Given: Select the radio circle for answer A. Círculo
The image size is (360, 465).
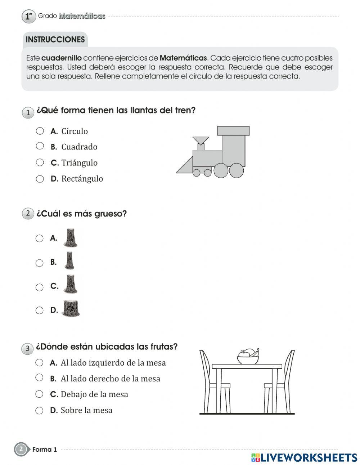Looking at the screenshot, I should (x=40, y=131).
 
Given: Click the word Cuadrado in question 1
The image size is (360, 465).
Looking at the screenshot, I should (x=79, y=147).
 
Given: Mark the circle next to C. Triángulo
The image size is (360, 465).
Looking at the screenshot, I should (x=40, y=162).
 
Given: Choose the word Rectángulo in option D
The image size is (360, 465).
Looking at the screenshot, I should (x=82, y=179).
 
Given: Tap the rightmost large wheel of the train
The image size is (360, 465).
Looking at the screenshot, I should (x=237, y=170).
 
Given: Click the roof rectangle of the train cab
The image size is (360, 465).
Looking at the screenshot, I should (x=233, y=130).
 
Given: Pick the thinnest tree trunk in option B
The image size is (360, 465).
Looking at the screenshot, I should (x=69, y=261).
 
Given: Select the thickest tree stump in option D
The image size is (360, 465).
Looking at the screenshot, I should (x=71, y=309).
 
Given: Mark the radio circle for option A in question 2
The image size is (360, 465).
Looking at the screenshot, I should (x=40, y=238).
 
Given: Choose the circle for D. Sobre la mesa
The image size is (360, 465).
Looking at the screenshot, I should (x=39, y=410).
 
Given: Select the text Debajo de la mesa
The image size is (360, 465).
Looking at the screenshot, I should (x=94, y=394).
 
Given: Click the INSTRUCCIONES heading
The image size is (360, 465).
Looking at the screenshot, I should (x=55, y=40).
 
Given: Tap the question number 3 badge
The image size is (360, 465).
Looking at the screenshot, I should (x=27, y=348).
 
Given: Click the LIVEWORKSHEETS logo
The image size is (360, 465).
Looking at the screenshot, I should (x=304, y=457).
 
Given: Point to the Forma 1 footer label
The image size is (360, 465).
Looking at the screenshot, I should (x=44, y=450).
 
